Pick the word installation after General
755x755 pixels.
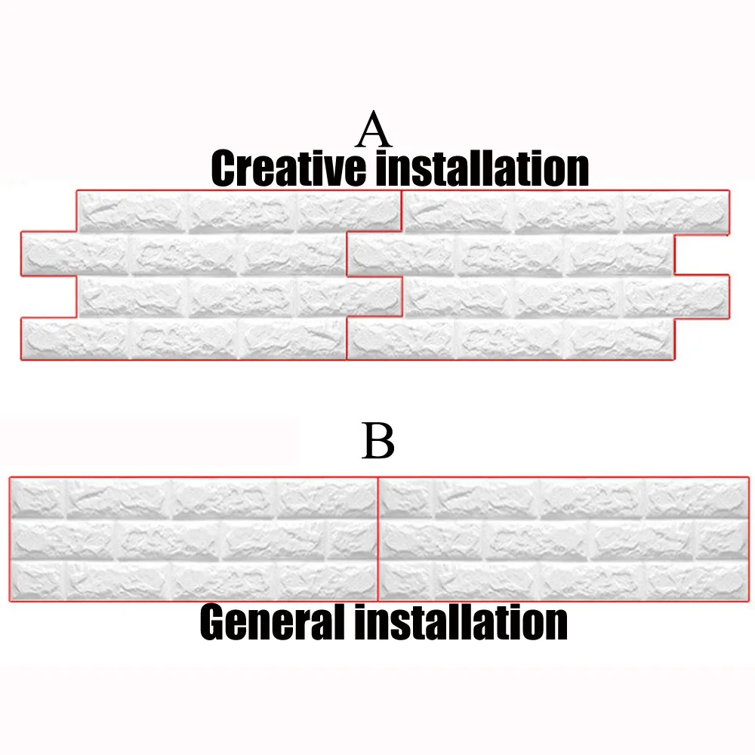461,622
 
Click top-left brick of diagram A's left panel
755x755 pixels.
131,211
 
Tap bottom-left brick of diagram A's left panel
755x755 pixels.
75,339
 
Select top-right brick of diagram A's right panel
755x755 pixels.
676,211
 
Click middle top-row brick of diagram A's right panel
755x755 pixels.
568,211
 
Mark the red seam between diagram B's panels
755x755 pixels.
377,539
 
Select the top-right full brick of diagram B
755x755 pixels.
695,498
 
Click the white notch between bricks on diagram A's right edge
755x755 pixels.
702,254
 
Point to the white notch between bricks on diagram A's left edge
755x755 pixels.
48,297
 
